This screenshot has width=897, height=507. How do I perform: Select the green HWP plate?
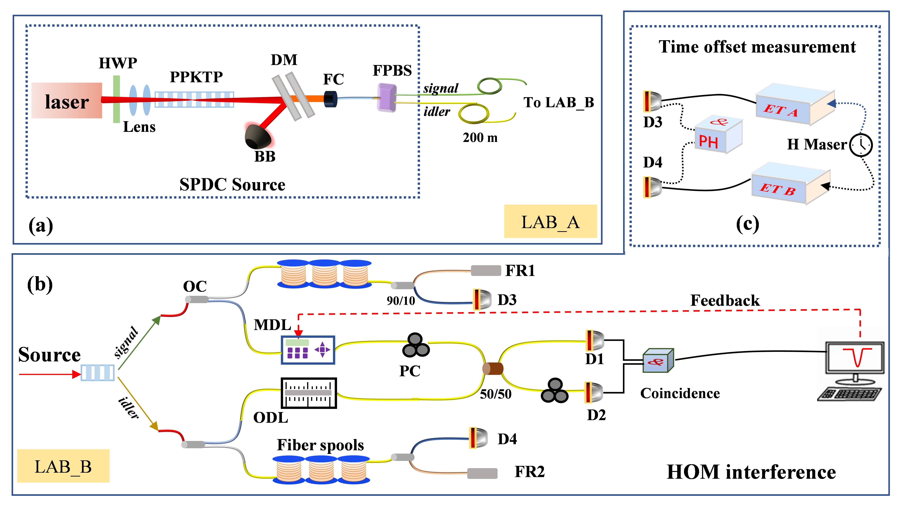(116, 99)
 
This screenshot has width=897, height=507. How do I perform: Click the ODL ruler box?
(308, 393)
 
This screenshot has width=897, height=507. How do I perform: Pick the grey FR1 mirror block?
(486, 270)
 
